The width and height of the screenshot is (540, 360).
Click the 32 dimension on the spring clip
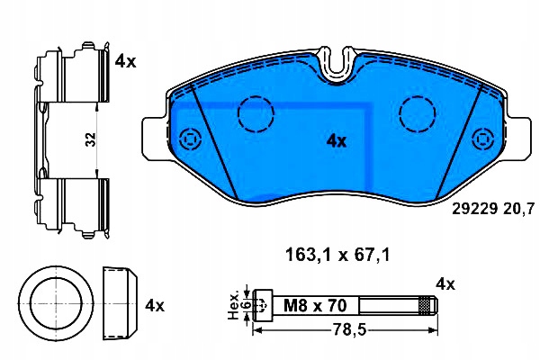[91, 139]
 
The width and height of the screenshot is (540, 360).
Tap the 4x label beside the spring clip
[125, 62]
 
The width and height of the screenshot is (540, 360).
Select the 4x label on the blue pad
[336, 141]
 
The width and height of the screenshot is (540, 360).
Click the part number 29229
[474, 209]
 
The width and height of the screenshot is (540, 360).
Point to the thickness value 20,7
[519, 209]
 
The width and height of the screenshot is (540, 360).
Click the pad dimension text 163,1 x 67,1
[337, 256]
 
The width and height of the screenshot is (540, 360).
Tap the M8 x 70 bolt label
[315, 306]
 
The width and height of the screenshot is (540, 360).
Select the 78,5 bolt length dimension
[348, 330]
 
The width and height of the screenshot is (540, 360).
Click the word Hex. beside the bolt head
[234, 306]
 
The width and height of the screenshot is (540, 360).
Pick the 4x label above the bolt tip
[445, 284]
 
